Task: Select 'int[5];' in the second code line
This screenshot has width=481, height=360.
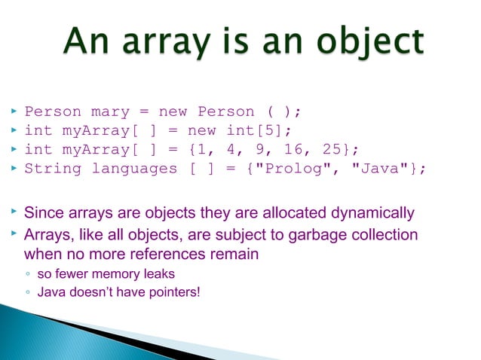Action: (x=254, y=131)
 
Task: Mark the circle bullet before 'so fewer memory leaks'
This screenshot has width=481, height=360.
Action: (x=28, y=274)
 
